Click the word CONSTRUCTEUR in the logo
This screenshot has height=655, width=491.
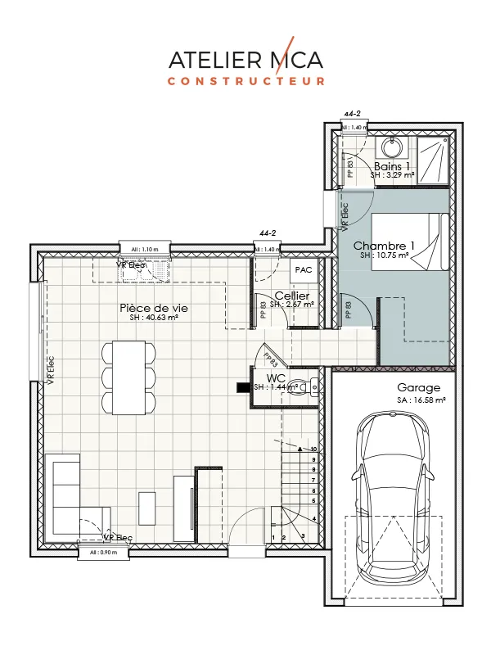pos(245,81)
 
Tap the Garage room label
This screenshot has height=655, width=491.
pos(419,387)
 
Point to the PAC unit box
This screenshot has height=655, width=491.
pos(304,269)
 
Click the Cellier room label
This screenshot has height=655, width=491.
pos(291,295)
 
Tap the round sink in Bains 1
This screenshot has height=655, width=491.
pos(390,149)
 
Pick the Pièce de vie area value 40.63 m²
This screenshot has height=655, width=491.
pos(148,318)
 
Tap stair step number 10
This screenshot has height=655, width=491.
pos(313,449)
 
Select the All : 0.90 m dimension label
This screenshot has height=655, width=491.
pos(98,553)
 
